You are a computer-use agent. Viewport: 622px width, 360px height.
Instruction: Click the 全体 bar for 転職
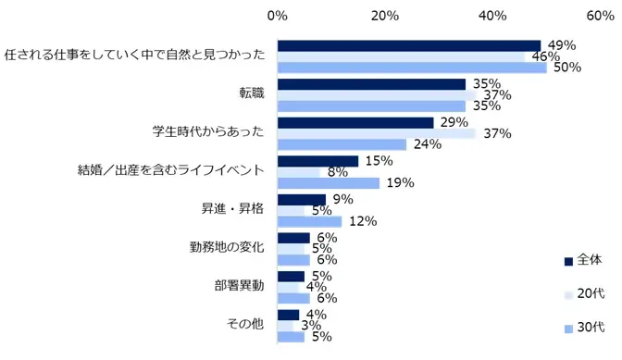371,84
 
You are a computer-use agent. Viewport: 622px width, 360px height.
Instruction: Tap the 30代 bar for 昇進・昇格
310,221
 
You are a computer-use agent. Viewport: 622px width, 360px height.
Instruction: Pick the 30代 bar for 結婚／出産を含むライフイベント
329,183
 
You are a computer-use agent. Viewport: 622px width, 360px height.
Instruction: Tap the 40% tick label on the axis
492,16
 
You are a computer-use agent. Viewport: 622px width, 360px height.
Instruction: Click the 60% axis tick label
601,16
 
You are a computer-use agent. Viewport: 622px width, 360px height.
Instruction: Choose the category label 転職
251,93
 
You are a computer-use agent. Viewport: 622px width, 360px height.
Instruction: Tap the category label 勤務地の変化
227,247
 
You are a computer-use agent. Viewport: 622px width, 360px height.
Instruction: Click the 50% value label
566,68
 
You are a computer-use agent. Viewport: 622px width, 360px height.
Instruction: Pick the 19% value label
399,183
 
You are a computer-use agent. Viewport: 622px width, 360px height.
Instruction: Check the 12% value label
362,221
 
